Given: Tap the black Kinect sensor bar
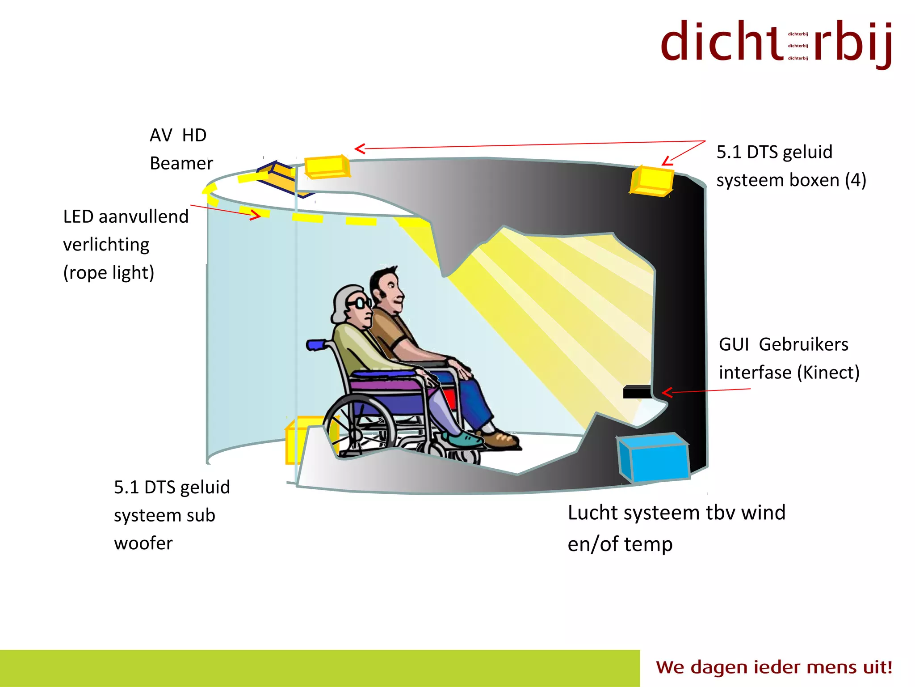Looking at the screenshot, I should [637, 392].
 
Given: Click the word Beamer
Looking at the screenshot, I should [181, 164].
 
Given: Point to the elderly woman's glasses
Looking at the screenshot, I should [360, 303].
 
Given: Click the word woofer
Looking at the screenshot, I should [143, 543].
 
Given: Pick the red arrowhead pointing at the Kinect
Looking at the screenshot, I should [667, 393].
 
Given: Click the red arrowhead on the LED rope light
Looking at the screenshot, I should [256, 215].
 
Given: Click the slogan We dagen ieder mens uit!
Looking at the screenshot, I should [774, 667].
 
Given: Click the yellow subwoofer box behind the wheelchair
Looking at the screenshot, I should [297, 441].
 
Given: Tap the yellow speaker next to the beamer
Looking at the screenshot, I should [327, 167].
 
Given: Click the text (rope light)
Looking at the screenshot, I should [109, 273].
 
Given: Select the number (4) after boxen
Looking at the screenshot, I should [855, 180].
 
